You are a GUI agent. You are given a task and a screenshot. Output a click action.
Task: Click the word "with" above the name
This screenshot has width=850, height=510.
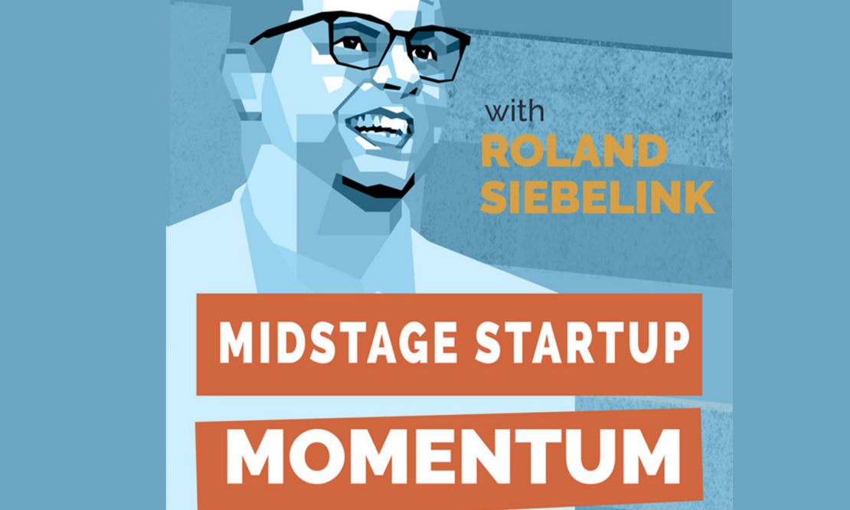coord(515,111)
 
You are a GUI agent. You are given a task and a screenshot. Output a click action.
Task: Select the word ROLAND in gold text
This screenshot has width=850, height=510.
coord(574,151)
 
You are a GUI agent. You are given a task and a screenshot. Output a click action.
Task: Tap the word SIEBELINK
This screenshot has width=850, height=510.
coord(597,197)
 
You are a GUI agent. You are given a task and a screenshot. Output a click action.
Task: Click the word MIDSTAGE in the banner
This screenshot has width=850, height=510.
coord(338,343)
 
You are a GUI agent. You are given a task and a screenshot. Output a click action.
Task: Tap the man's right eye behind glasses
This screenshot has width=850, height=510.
coord(353,44)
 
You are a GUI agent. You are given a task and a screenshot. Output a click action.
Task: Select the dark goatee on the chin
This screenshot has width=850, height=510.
coord(376,188)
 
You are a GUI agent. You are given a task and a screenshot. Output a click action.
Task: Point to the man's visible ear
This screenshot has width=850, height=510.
coord(242,81)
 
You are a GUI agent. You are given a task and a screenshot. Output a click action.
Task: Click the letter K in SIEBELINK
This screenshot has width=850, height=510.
coord(699,197)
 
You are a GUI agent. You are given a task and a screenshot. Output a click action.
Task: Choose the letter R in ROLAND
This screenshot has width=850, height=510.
coord(495,151)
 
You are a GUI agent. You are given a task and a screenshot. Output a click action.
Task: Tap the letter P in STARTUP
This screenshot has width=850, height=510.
coord(676,343)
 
